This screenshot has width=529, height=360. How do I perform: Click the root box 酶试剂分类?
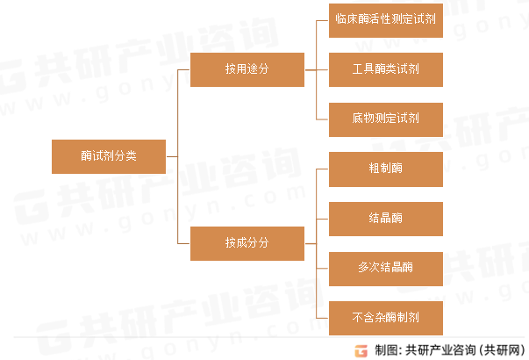pyautogui.click(x=109, y=156)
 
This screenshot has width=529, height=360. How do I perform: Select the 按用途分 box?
pyautogui.click(x=247, y=69)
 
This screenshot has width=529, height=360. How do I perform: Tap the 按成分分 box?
pyautogui.click(x=247, y=243)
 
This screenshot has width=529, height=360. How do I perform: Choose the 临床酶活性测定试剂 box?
pyautogui.click(x=386, y=20)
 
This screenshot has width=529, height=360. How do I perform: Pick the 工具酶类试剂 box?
pyautogui.click(x=386, y=69)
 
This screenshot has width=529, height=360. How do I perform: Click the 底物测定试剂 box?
pyautogui.click(x=386, y=119)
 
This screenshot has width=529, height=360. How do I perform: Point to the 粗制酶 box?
pyautogui.click(x=386, y=169)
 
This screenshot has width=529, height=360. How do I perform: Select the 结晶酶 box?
pyautogui.click(x=386, y=219)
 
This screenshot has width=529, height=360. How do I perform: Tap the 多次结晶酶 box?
pyautogui.click(x=386, y=269)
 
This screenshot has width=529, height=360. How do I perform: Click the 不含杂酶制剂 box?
pyautogui.click(x=386, y=318)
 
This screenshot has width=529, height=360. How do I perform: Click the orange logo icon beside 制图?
pyautogui.click(x=361, y=351)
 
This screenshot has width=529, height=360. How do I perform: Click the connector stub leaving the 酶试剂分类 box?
pyautogui.click(x=172, y=156)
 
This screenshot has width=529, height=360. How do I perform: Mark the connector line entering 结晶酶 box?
pyautogui.click(x=322, y=219)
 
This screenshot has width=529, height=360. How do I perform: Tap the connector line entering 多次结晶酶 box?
pyautogui.click(x=322, y=269)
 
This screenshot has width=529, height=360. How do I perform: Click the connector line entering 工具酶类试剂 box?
pyautogui.click(x=322, y=70)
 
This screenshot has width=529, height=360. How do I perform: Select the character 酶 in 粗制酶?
pyautogui.click(x=397, y=168)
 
